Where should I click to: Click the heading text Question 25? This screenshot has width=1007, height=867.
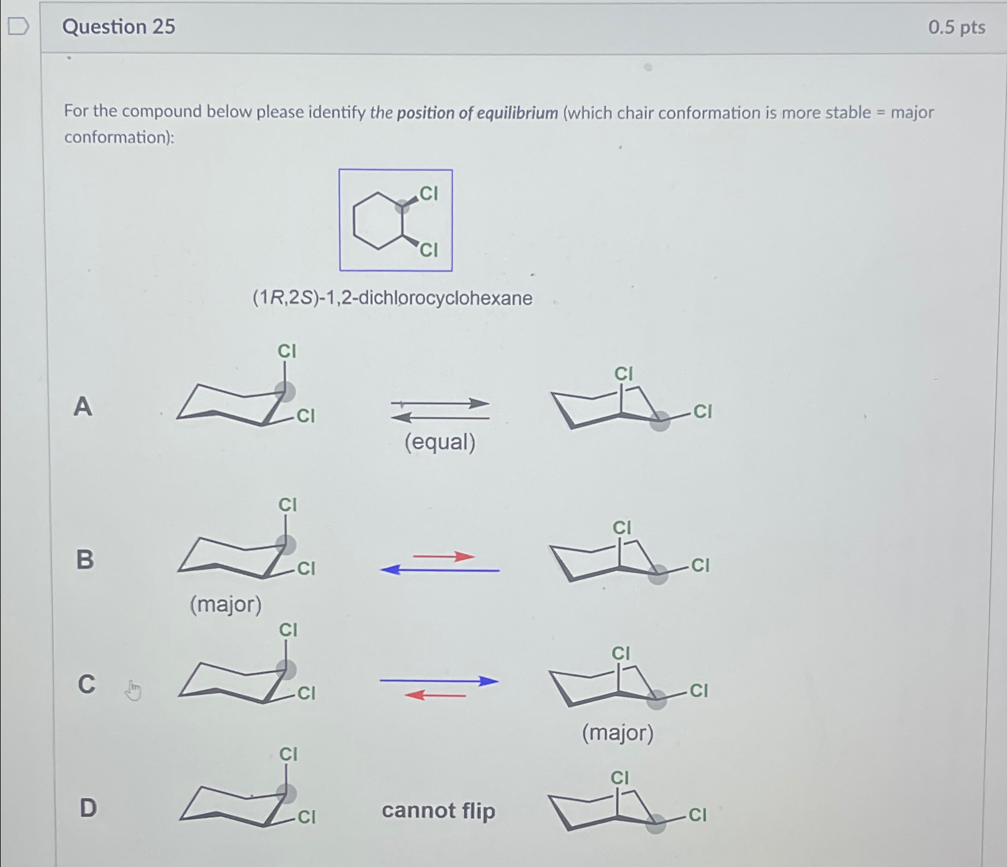[x=119, y=27]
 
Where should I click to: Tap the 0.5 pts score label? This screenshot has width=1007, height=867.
[x=956, y=27]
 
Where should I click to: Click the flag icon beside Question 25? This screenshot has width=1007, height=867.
[x=18, y=26]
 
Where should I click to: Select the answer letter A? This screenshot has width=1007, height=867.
[x=83, y=407]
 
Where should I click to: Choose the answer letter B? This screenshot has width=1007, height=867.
[x=85, y=559]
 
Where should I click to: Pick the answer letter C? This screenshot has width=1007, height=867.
[x=87, y=684]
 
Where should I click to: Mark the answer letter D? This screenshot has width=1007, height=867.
[x=88, y=808]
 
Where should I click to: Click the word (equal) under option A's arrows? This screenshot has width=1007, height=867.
[x=440, y=442]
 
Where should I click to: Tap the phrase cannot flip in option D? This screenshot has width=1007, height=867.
[x=438, y=810]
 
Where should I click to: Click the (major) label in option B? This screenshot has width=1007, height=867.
[x=225, y=604]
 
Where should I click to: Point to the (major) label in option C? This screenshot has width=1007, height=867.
[x=618, y=733]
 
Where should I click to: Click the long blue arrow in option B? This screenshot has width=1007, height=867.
[x=439, y=570]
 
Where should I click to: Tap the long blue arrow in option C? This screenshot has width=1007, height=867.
[x=439, y=681]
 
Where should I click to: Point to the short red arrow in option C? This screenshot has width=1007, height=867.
[x=436, y=695]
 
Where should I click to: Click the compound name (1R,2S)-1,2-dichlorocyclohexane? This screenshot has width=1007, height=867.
[x=392, y=298]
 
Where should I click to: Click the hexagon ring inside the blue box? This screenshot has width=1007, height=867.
[x=378, y=221]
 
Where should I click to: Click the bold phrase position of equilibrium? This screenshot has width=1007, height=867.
[x=477, y=113]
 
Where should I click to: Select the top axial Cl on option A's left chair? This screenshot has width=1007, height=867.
[x=287, y=351]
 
